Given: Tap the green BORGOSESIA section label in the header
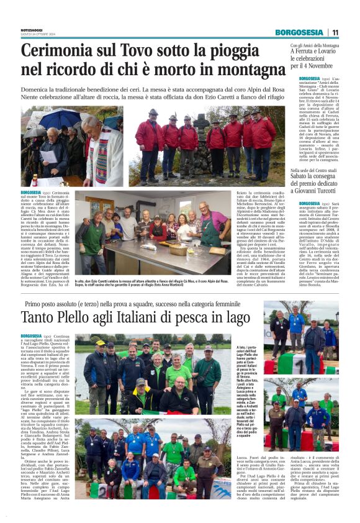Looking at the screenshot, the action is tap(299, 32).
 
